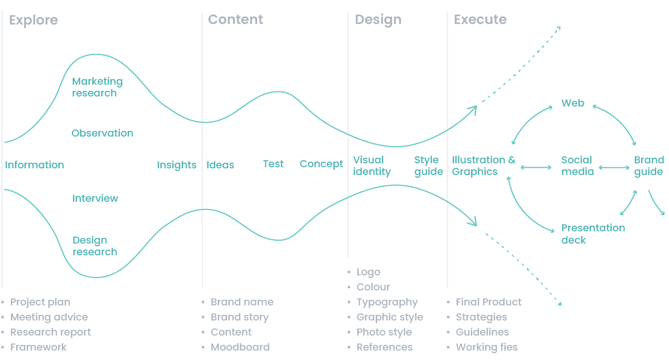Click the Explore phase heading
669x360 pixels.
click(33, 20)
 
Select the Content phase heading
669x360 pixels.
click(235, 20)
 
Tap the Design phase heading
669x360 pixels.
click(378, 20)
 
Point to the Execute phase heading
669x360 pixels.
click(480, 20)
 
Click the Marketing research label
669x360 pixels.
click(98, 87)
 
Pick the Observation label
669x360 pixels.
click(103, 133)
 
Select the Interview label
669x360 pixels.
click(95, 198)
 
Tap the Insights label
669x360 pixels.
click(177, 165)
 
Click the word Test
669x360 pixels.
click(273, 164)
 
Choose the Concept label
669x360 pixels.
click(321, 164)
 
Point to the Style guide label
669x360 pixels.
click(429, 166)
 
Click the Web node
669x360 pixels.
click(573, 103)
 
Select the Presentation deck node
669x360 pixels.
click(593, 233)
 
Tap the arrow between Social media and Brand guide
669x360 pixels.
click(614, 168)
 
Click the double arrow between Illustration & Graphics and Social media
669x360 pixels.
click(536, 168)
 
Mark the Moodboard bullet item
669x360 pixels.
click(240, 347)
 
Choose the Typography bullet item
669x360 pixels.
click(387, 303)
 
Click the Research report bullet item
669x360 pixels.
click(51, 332)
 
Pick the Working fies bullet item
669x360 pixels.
click(487, 347)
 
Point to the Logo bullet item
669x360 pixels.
click(369, 273)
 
